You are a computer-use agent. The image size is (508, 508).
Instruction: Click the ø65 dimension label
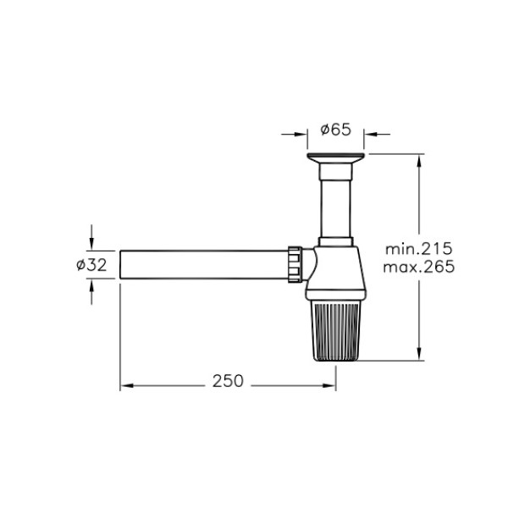coord(335,130)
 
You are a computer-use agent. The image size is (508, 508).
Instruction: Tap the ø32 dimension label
coord(91,265)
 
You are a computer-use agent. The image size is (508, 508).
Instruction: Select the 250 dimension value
coord(228,381)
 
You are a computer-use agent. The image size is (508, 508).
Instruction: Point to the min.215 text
coord(418,249)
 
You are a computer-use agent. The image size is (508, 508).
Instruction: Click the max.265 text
coord(419,267)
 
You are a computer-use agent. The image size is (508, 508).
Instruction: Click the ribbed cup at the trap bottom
coord(335,330)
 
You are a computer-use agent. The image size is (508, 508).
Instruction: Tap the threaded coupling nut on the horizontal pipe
coord(295,264)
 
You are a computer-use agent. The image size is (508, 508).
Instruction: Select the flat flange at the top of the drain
coord(335,157)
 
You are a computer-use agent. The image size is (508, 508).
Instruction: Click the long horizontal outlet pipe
coord(204,264)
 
